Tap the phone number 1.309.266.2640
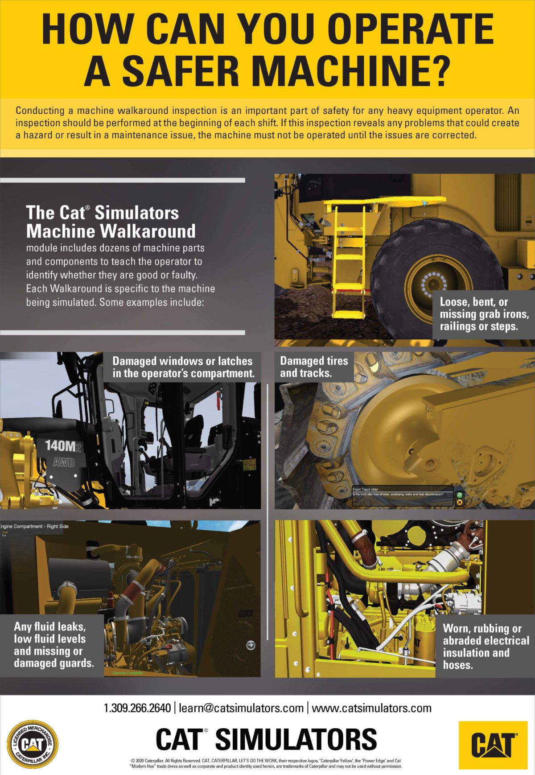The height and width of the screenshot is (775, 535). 137,708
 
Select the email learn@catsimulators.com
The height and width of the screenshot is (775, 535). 241,708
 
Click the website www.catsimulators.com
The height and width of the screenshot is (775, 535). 371,708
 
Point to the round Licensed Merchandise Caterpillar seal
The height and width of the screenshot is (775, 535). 33,743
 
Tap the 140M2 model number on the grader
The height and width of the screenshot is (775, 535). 63,445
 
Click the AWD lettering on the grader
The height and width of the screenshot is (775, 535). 63,462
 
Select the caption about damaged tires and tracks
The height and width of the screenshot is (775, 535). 314,367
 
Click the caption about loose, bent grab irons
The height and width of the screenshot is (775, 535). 483,314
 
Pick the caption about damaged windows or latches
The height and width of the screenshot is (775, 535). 183,367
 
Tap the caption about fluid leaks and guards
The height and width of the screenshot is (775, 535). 53,645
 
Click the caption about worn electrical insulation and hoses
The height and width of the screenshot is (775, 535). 485,646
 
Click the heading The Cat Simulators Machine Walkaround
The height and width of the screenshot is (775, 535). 111,222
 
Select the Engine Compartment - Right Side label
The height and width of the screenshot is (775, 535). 35,526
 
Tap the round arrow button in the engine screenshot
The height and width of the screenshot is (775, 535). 251,645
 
